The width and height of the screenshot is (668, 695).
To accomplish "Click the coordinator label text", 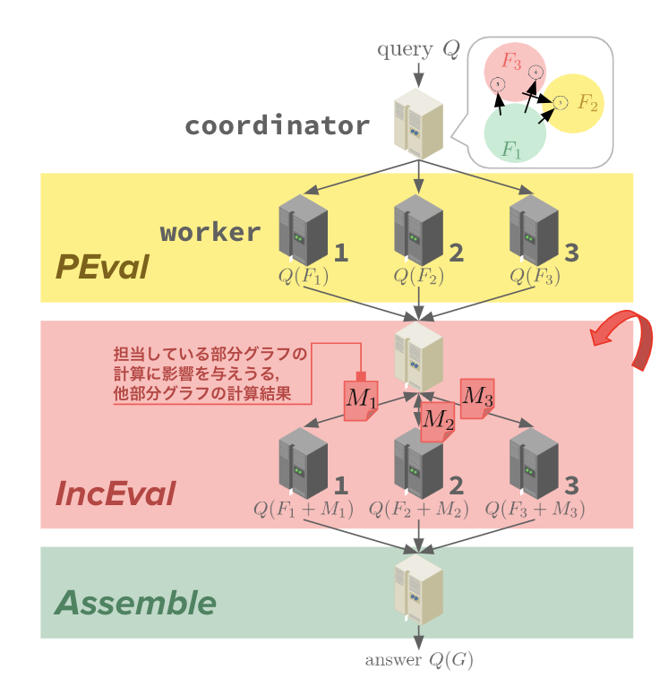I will pyautogui.click(x=278, y=125).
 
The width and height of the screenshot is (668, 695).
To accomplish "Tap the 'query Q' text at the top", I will pyautogui.click(x=417, y=49).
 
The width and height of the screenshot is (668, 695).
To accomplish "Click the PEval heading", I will pyautogui.click(x=101, y=267).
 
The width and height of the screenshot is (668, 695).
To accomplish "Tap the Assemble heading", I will pyautogui.click(x=135, y=603).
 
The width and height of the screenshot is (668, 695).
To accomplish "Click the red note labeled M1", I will pyautogui.click(x=361, y=399).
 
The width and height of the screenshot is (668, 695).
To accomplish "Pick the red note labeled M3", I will pyautogui.click(x=477, y=398).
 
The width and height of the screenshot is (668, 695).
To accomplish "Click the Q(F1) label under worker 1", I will pyautogui.click(x=304, y=276).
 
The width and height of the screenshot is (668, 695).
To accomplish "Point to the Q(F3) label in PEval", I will pyautogui.click(x=535, y=276).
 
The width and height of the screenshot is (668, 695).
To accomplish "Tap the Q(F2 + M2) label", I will pyautogui.click(x=419, y=510).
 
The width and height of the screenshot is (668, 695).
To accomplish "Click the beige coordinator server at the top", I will pyautogui.click(x=418, y=123).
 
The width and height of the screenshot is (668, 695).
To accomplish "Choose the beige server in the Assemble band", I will pyautogui.click(x=418, y=588).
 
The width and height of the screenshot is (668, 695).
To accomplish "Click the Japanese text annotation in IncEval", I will pyautogui.click(x=210, y=373).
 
